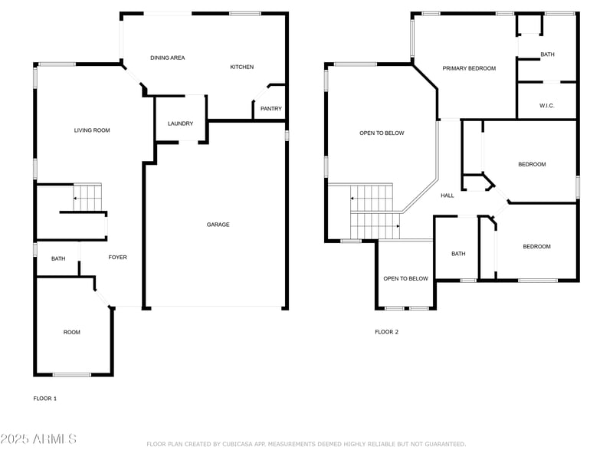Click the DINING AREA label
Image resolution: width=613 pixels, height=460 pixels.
(167, 58)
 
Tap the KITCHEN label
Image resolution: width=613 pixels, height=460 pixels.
(241, 67)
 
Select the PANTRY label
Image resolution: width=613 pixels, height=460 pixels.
(271, 109)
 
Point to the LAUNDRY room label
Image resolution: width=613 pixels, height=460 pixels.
(180, 123)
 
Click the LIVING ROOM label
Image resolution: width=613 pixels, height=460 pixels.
(92, 130)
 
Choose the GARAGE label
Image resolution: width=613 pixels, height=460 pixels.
(218, 225)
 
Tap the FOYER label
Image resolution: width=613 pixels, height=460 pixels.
(117, 258)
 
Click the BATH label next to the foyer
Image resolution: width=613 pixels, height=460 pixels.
(58, 259)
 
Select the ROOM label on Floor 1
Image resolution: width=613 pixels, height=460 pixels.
(71, 332)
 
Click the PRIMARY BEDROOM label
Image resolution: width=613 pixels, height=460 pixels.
(469, 68)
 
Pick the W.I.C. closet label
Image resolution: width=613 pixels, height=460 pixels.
(546, 106)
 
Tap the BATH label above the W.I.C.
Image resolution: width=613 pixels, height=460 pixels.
(547, 54)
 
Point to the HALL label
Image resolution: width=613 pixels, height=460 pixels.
(447, 195)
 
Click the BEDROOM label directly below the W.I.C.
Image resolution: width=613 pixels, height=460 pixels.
(532, 165)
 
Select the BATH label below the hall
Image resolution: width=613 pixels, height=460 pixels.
(458, 254)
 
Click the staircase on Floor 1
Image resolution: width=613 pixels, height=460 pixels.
(87, 198)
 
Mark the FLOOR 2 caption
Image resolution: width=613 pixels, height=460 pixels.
(386, 332)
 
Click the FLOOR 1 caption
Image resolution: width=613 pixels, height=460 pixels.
(44, 399)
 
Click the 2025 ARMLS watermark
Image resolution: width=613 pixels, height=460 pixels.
(38, 439)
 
